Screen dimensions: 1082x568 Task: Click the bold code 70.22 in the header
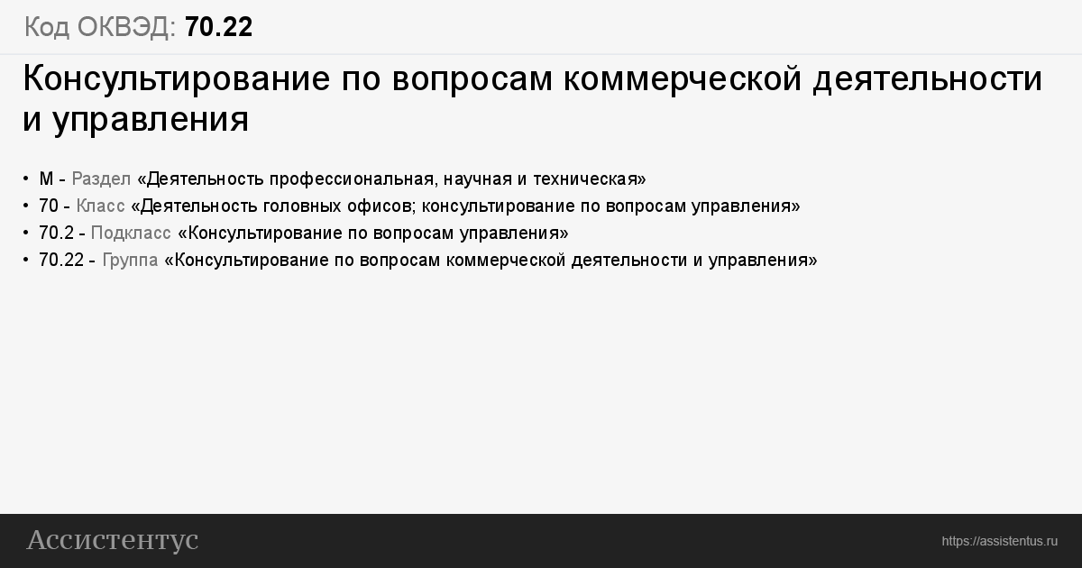[x=218, y=27]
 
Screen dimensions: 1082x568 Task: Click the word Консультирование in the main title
[x=177, y=78]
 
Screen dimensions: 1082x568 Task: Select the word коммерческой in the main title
[x=683, y=79]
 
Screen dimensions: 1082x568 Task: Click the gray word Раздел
[x=101, y=179]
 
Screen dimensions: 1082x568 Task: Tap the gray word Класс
[x=100, y=206]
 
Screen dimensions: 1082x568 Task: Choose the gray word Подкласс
[x=131, y=234]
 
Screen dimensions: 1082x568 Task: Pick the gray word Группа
[x=130, y=261]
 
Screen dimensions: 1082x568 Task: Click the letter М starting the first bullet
[x=46, y=179]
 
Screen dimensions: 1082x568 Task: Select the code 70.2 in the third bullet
[x=56, y=234]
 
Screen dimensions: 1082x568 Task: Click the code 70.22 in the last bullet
[x=61, y=261]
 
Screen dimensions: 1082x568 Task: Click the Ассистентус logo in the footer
[x=113, y=540]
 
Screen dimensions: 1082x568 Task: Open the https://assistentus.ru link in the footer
[x=999, y=542]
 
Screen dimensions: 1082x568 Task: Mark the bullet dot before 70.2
[x=25, y=234]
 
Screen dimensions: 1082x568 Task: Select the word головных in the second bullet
[x=302, y=206]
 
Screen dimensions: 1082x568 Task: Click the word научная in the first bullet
[x=477, y=179]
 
